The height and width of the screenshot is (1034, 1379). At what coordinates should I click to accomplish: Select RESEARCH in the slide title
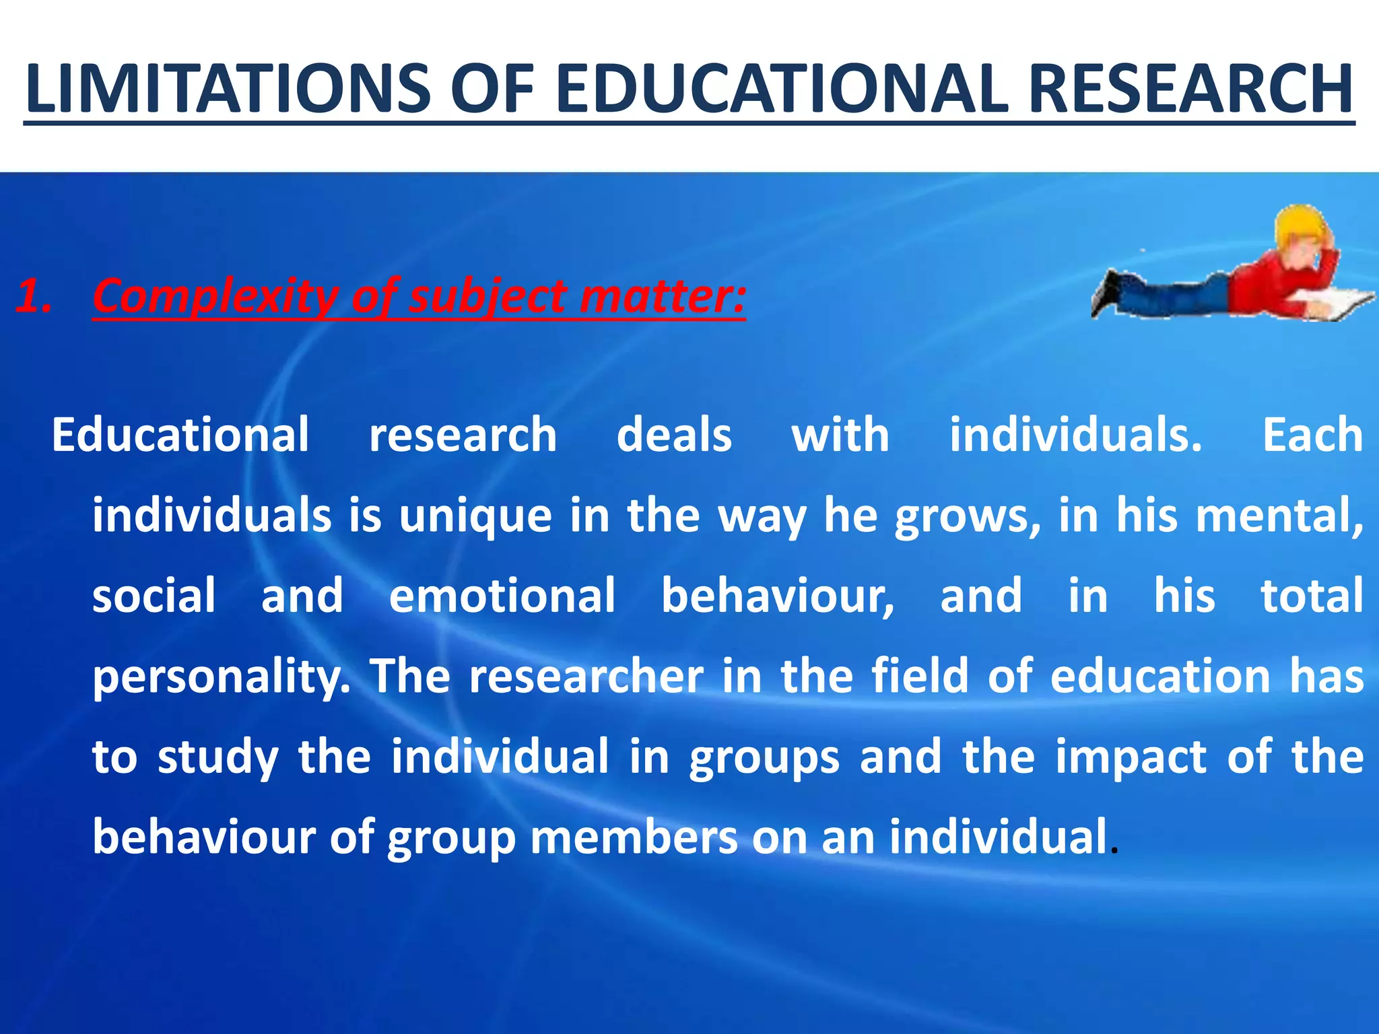click(1190, 89)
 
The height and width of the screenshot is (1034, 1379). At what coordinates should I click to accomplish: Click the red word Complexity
click(215, 296)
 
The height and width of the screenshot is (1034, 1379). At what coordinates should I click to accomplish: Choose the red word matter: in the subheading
click(663, 296)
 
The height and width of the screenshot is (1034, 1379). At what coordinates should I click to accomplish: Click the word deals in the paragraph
click(674, 435)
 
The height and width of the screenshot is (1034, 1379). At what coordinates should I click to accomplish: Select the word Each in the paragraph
click(1312, 435)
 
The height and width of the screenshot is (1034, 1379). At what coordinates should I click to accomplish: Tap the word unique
click(475, 517)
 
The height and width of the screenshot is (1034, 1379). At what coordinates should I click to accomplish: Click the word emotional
click(502, 596)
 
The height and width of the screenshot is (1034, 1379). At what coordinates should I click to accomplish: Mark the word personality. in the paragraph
click(222, 677)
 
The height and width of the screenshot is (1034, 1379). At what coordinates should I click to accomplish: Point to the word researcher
click(586, 676)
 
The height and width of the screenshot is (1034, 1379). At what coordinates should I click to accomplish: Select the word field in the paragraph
click(920, 676)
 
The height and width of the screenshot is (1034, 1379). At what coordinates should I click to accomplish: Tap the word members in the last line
click(634, 837)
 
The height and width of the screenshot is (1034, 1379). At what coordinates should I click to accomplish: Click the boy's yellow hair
click(1296, 226)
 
